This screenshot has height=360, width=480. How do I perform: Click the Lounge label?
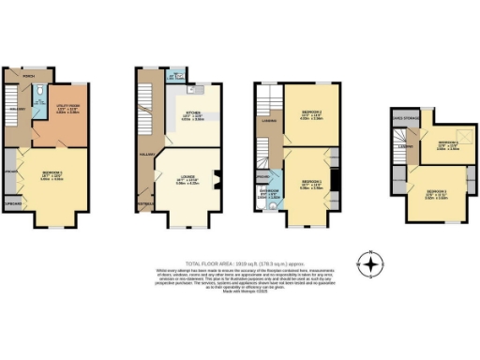(187, 179)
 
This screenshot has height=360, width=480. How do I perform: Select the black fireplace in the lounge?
(215, 178)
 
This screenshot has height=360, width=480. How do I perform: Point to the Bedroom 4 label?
(447, 144)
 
